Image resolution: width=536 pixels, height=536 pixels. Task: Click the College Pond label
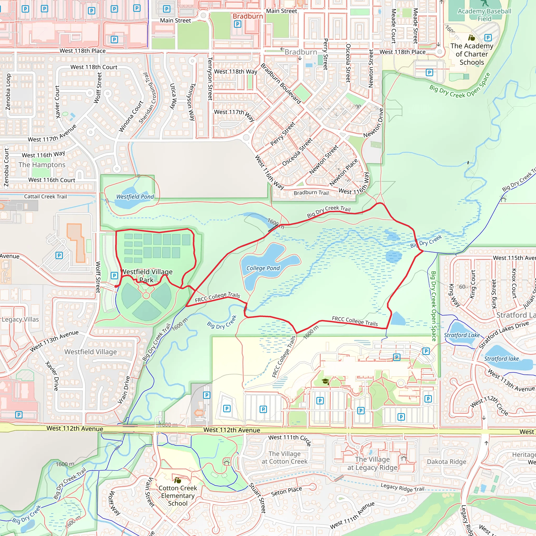point(263,268)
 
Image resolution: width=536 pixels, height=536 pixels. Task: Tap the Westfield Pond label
point(135,197)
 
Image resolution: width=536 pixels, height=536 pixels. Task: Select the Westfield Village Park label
point(147,276)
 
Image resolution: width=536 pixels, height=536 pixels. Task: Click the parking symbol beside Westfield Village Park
point(114,276)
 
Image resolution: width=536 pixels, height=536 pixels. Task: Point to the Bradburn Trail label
point(311,193)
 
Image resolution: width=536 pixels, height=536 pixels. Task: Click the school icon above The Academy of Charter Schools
point(471,37)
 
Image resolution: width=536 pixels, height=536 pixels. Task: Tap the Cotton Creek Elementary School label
point(177,495)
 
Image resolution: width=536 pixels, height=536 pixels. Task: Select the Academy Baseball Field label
point(484,15)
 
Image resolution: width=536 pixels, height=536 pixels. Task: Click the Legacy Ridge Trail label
point(402,487)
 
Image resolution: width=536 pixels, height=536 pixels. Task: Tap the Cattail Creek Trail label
point(45,197)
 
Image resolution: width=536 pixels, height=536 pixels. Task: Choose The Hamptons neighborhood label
point(42,165)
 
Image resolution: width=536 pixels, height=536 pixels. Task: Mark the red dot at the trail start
point(116,286)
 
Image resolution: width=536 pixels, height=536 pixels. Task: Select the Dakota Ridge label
point(446,462)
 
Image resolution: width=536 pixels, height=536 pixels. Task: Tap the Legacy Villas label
point(20,319)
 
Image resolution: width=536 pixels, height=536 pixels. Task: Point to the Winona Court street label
point(131,116)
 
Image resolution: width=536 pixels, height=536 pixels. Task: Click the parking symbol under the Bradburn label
point(237,24)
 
